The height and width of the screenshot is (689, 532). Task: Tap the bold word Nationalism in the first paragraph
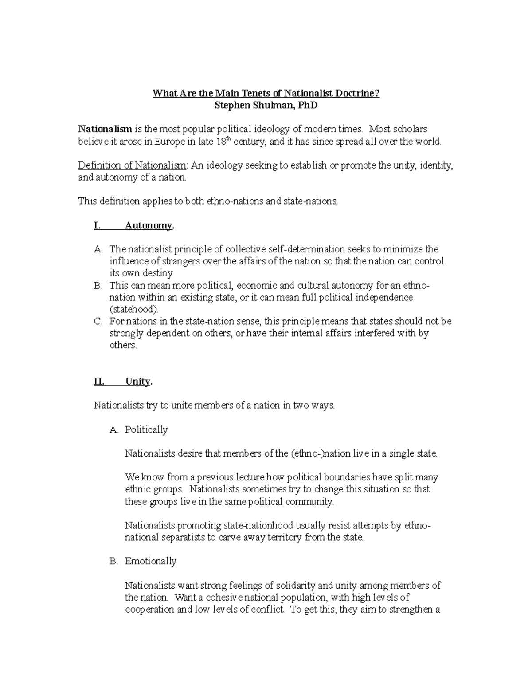pos(105,129)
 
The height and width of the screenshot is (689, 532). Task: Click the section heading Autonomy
pos(149,225)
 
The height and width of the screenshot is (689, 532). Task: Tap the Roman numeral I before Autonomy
pos(97,225)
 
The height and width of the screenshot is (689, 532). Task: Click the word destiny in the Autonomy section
pos(158,273)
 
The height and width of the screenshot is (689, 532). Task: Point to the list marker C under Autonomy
pos(98,321)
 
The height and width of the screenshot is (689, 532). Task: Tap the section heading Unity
pos(138,382)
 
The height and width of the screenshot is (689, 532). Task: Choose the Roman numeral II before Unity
pos(99,382)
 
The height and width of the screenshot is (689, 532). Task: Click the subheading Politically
pos(146,429)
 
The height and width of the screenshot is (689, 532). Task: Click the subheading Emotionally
pos(150,561)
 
